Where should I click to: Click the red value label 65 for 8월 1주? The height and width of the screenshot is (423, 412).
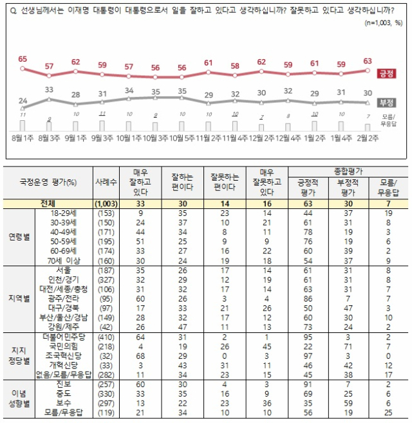coord(23,59)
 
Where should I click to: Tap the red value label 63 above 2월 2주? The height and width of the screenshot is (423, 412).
coord(368,61)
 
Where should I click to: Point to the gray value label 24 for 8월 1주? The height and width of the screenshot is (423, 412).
coord(23,101)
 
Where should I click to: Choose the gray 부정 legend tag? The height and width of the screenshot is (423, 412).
coord(388,103)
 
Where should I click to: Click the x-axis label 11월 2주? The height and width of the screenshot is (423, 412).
coord(210,138)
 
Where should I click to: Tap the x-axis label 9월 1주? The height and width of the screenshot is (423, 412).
coord(75,138)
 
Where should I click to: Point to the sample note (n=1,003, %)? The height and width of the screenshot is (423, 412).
coord(382,22)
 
